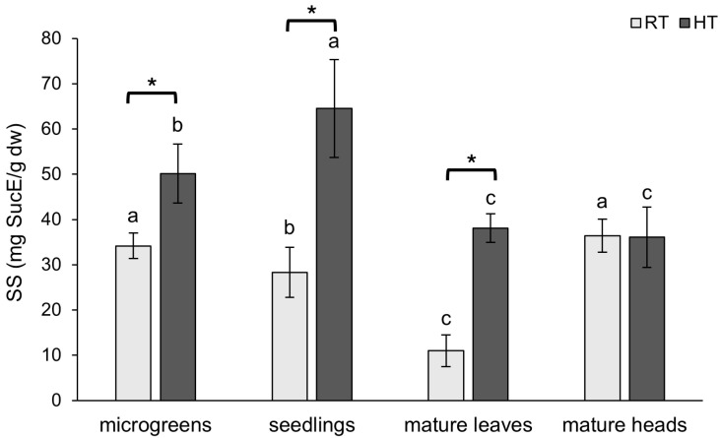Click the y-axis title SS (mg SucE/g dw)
tap(19, 219)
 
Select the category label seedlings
tap(312, 424)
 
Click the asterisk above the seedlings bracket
tap(311, 12)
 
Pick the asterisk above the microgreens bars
tap(152, 86)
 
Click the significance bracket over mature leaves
tap(471, 171)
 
